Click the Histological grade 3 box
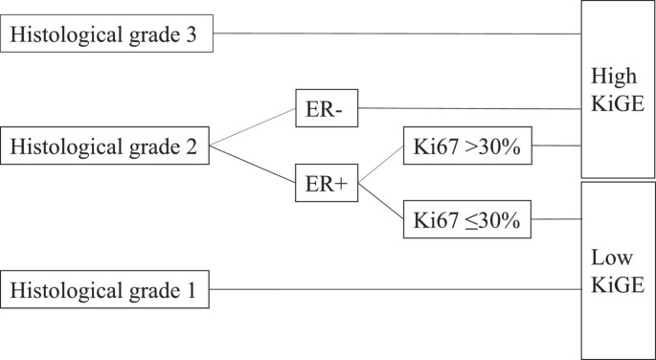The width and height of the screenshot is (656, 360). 107,36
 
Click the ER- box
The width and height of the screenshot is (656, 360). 328,111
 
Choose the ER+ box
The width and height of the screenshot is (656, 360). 326,187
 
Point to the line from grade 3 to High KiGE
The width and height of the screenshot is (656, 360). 397,34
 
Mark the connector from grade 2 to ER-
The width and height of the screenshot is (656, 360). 252,127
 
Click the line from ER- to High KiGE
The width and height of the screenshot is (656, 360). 469,108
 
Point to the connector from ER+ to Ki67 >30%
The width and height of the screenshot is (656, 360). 380,166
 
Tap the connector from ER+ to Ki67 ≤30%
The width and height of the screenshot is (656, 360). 380,204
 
